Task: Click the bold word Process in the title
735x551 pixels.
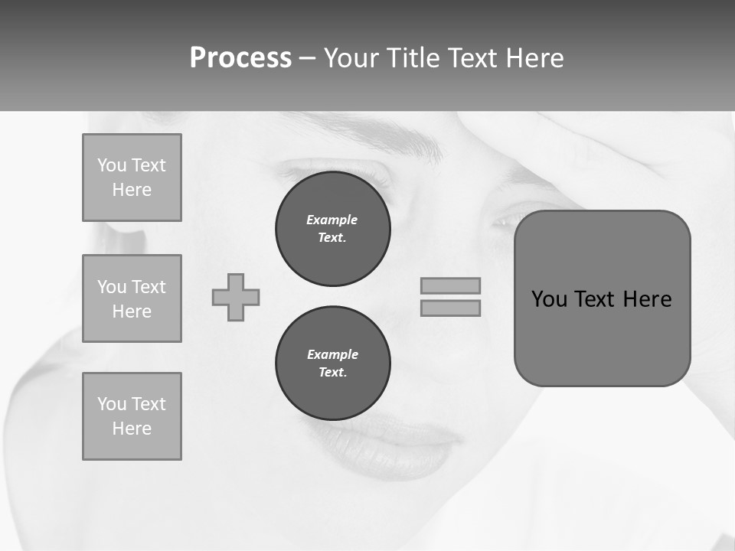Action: (240, 58)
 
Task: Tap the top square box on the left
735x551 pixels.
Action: (132, 178)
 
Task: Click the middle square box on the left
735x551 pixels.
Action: (132, 298)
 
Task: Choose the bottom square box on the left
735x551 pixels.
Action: (132, 416)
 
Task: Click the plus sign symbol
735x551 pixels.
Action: (236, 297)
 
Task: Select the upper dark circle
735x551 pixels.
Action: (332, 229)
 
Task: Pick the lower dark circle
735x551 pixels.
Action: (332, 364)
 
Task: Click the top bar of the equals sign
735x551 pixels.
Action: (450, 285)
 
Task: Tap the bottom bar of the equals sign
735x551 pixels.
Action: (450, 308)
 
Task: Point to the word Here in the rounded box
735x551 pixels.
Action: (647, 299)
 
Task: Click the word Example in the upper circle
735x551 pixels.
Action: (332, 220)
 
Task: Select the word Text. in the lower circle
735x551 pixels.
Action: (332, 373)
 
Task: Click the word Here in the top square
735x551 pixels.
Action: (132, 190)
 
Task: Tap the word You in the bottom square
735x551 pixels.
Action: (112, 404)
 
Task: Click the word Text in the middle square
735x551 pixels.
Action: (148, 287)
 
